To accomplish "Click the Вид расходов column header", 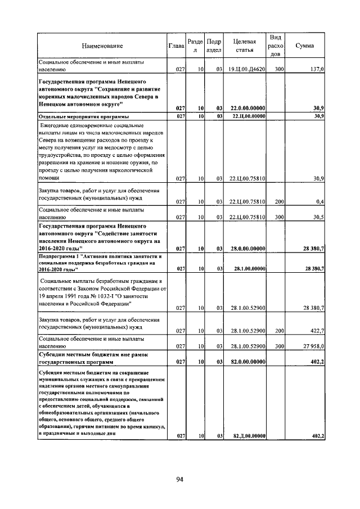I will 276,46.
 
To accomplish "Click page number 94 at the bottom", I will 180,480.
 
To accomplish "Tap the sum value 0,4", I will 320,201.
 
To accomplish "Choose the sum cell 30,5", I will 318,217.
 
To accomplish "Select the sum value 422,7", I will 317,331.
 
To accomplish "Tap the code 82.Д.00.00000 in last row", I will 248,436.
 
